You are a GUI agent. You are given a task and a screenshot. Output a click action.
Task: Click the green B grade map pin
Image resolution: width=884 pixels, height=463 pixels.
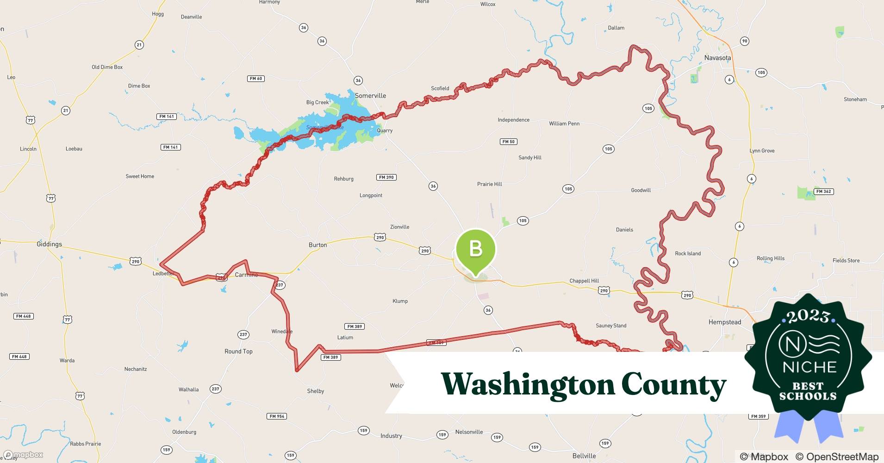click(475, 250)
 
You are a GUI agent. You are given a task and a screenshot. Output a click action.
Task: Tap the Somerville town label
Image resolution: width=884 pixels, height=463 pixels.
click(370, 96)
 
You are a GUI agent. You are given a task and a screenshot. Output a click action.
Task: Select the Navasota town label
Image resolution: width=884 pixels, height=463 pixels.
click(717, 58)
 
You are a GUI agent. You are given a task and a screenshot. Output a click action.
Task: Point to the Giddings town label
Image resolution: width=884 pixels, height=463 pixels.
click(49, 244)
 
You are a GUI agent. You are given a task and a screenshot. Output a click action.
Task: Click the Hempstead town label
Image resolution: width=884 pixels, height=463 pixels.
click(724, 322)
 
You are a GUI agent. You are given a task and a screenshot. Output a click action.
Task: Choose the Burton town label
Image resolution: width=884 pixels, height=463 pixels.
click(317, 245)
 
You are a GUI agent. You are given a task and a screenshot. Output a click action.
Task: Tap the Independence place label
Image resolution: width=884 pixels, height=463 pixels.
click(513, 120)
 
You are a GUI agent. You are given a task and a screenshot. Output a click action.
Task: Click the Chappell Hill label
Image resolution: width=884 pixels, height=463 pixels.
click(584, 281)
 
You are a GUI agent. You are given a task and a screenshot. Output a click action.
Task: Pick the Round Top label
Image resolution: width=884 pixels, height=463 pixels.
click(238, 351)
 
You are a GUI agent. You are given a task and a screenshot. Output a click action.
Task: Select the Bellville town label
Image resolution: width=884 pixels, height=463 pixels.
click(584, 456)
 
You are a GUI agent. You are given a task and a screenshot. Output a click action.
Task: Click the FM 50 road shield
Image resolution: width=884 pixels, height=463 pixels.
click(508, 142)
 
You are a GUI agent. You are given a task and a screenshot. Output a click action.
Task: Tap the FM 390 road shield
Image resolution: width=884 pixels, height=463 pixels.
click(386, 177)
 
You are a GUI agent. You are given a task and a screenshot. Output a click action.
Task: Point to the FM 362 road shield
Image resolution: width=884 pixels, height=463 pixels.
click(823, 191)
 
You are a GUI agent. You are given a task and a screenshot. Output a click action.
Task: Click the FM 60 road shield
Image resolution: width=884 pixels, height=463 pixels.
click(256, 79)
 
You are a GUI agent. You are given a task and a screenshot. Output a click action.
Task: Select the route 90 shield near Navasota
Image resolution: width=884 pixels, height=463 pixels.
click(744, 41)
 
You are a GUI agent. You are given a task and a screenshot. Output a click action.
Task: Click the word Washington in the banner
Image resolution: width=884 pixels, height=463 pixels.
click(527, 385)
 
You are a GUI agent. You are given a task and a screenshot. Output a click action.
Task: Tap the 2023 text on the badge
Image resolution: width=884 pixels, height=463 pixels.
click(808, 316)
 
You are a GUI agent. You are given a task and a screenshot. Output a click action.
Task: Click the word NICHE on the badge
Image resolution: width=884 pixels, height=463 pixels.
click(809, 367)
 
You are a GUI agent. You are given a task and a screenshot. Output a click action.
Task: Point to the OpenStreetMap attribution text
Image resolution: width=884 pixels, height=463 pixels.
click(837, 457)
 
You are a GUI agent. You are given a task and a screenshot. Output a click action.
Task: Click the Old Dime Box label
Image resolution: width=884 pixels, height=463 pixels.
click(107, 67)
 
